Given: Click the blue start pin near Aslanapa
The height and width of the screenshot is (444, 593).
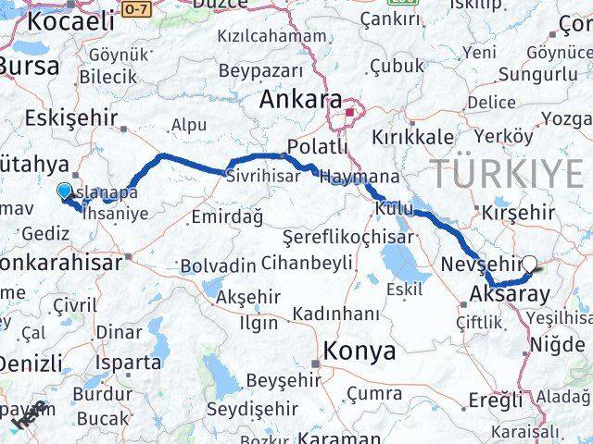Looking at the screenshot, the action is (64, 191).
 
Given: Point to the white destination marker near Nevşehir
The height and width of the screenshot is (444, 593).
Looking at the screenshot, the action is (531, 264).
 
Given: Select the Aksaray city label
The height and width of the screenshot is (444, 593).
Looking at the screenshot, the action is (510, 294).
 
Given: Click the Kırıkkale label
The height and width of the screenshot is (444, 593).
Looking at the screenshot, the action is (411, 136).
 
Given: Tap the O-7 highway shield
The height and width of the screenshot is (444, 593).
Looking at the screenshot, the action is (136, 8).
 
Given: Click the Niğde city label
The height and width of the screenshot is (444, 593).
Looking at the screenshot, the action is (557, 345).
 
